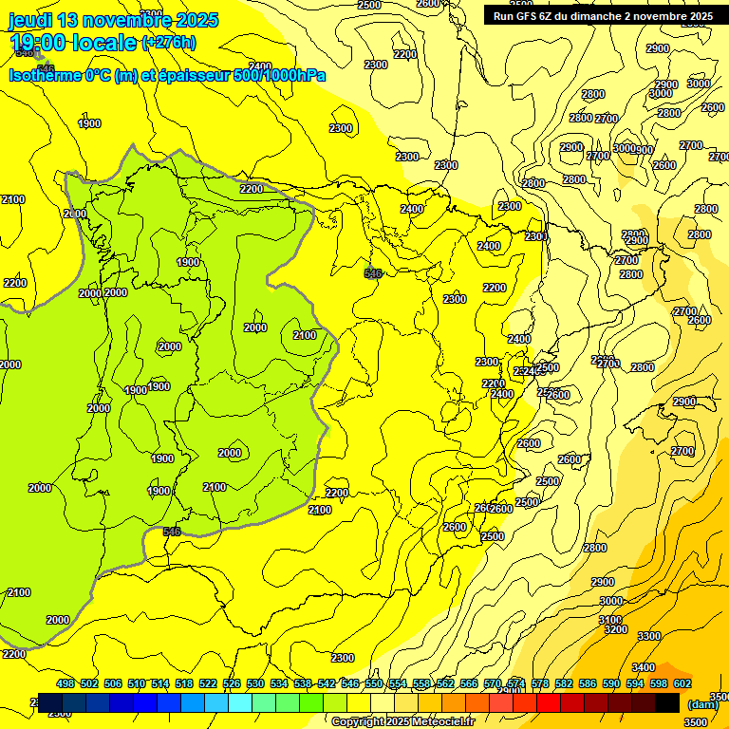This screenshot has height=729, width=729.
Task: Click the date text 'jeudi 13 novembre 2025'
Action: point(113,20)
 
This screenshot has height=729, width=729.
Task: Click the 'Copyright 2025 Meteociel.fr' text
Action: point(402,722)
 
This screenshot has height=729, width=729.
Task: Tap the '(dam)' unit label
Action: point(702,703)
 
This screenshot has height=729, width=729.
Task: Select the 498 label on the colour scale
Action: point(65,683)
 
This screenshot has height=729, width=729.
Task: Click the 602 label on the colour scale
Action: point(682,683)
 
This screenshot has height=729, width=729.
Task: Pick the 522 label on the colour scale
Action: point(208,683)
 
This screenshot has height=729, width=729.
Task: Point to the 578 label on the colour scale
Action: point(540,683)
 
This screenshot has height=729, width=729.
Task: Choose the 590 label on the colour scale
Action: point(611,683)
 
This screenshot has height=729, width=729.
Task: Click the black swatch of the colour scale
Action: point(667,702)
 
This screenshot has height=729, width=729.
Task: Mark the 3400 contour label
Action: point(643,667)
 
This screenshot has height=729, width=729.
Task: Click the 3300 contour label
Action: point(649,636)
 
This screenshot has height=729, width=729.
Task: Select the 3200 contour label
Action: point(615,629)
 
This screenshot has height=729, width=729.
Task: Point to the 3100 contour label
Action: point(610,619)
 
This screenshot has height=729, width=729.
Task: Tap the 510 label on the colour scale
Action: point(137,683)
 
